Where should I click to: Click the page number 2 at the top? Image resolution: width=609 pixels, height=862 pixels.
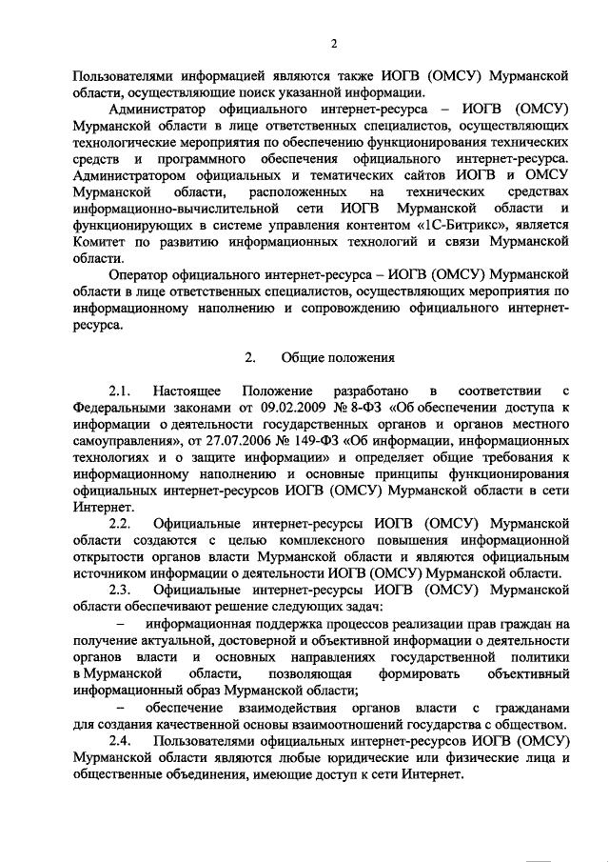[334, 43]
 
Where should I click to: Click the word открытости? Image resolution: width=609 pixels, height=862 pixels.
[112, 556]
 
